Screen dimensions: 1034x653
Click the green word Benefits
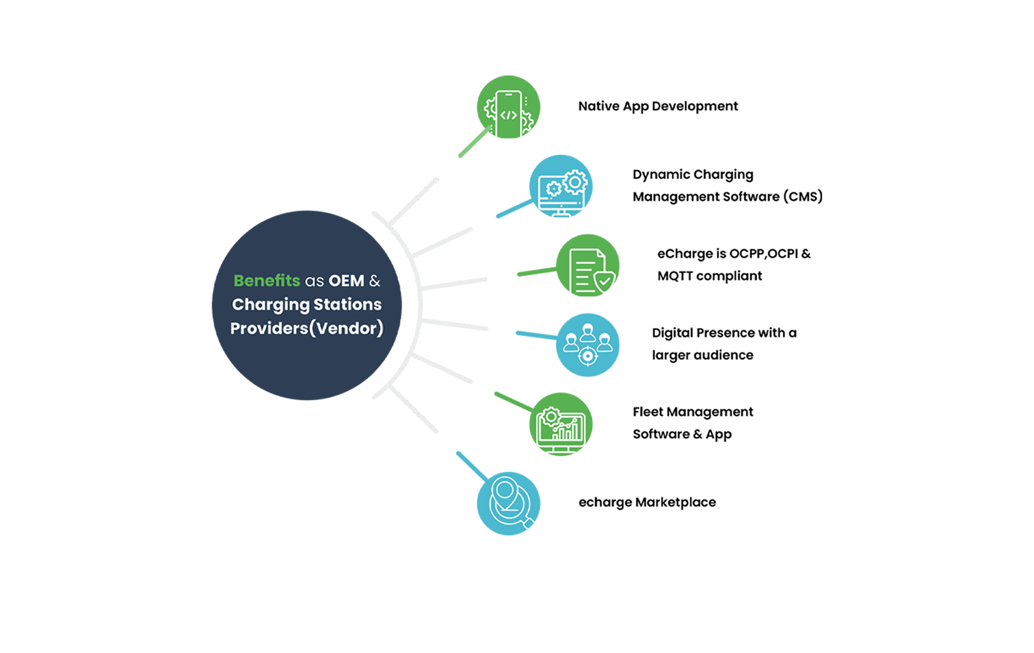[267, 280]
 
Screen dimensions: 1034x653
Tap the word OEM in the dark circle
[346, 281]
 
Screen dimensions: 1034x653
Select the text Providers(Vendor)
[307, 329]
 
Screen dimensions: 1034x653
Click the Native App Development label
[658, 106]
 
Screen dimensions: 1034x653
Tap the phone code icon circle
[508, 107]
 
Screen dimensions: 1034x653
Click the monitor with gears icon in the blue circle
[561, 186]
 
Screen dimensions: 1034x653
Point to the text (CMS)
[803, 196]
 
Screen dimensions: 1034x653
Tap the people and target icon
[588, 345]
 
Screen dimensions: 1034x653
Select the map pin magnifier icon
[508, 504]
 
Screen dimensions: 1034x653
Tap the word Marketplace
[675, 502]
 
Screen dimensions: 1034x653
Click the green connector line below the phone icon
[475, 142]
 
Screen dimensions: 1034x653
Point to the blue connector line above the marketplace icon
[472, 467]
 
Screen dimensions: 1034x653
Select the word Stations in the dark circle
[347, 304]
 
